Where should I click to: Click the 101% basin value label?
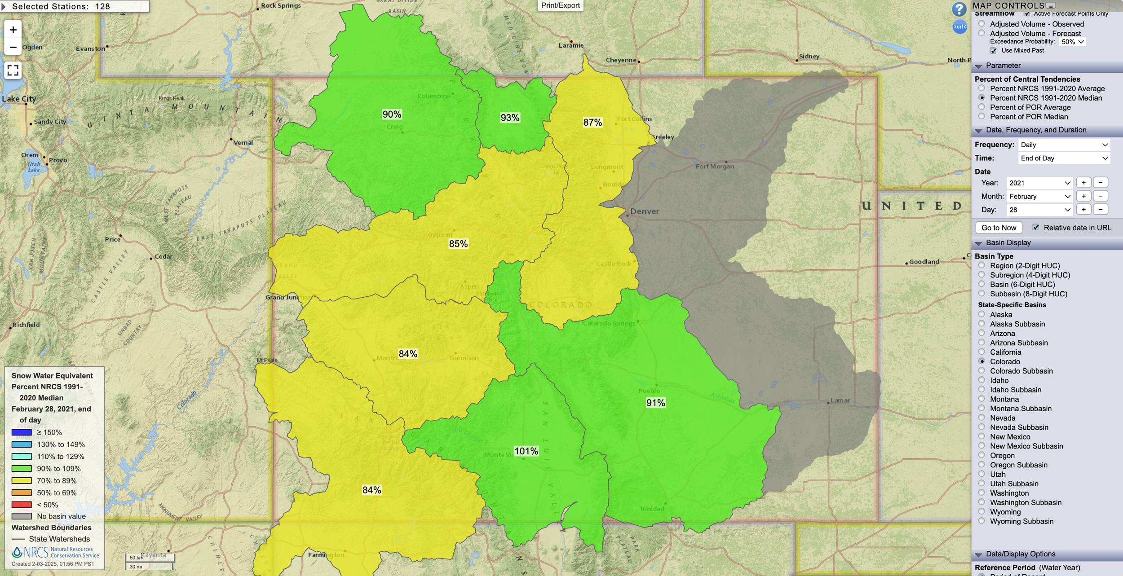click(526, 451)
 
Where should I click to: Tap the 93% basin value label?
click(510, 118)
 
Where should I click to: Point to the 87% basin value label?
click(592, 122)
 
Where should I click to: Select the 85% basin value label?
click(458, 244)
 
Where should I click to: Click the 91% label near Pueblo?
click(655, 403)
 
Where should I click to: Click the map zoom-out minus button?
click(13, 47)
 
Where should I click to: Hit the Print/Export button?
click(560, 5)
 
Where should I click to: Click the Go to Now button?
click(999, 228)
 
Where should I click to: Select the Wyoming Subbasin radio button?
click(982, 521)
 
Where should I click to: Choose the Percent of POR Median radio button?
click(982, 117)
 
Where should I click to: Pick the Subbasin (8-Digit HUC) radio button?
click(982, 294)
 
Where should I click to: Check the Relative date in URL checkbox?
click(1035, 228)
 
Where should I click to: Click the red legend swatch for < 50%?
click(22, 505)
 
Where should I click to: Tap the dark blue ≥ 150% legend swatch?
click(22, 432)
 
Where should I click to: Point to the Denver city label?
click(644, 211)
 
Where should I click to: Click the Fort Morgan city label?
click(715, 167)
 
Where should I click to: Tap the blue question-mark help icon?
click(959, 9)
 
